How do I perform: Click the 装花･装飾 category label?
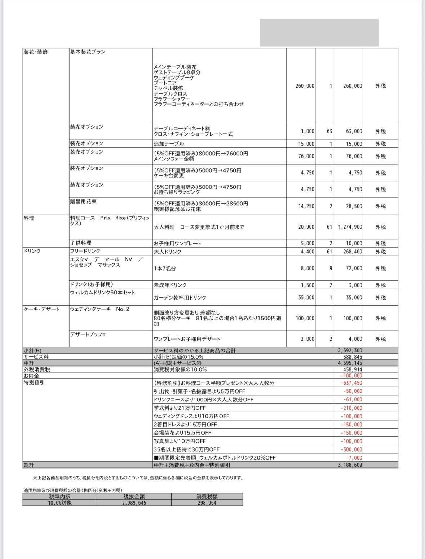[x=36, y=52]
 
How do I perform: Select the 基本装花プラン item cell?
[x=88, y=52]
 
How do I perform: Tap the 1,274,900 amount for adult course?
[x=350, y=227]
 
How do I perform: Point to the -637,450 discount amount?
[x=351, y=383]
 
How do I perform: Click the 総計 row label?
[x=29, y=465]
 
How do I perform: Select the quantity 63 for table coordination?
[x=329, y=132]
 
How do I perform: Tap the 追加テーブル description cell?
[x=169, y=144]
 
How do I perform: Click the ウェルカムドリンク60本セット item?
[x=102, y=292]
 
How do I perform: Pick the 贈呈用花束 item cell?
[x=83, y=201]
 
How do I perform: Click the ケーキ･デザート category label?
[x=42, y=309]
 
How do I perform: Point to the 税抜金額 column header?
[x=134, y=496]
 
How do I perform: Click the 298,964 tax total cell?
[x=207, y=502]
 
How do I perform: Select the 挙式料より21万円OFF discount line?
[x=180, y=408]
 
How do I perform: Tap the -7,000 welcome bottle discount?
[x=355, y=458]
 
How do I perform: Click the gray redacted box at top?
[x=319, y=33]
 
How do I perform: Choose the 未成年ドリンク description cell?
[x=170, y=285]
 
